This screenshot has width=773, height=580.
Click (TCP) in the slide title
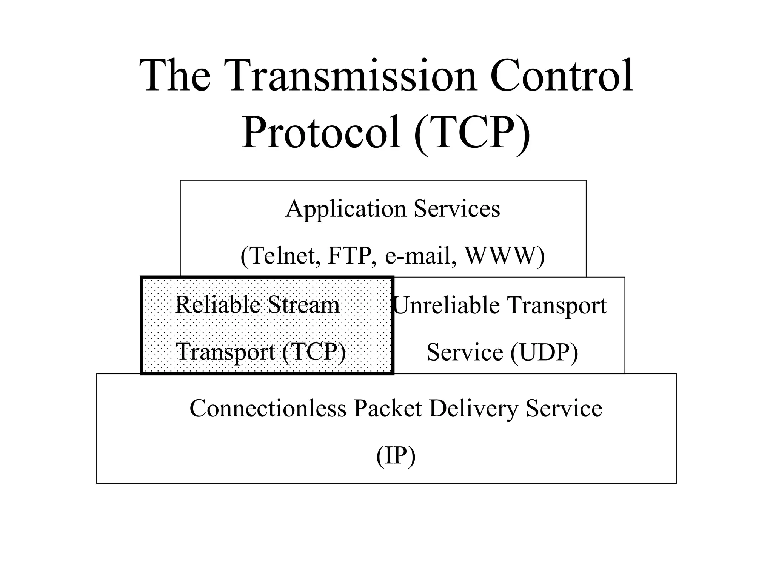(x=472, y=134)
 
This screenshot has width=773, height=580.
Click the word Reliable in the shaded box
(x=218, y=305)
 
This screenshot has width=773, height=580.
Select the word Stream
(x=303, y=305)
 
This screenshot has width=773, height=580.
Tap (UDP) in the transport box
(x=544, y=353)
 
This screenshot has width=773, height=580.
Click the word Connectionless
(x=268, y=408)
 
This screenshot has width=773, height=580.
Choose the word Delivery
(x=473, y=409)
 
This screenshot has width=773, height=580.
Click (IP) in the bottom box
(x=396, y=456)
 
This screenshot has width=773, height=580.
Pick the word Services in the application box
(x=457, y=209)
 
